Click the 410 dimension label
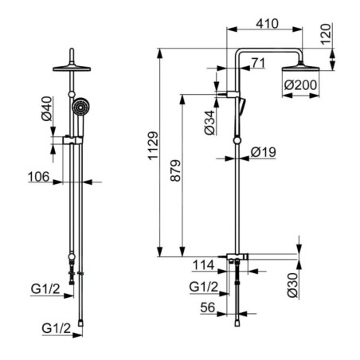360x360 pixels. [267, 23]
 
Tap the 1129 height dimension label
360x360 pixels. [153, 146]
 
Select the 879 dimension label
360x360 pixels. [175, 170]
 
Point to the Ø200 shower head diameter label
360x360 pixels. [300, 85]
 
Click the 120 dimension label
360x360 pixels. [327, 34]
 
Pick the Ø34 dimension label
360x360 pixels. [209, 123]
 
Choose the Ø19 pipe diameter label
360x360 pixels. [264, 152]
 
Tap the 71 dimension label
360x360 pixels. [258, 63]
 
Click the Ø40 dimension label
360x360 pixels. [47, 108]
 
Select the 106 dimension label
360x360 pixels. [39, 177]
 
